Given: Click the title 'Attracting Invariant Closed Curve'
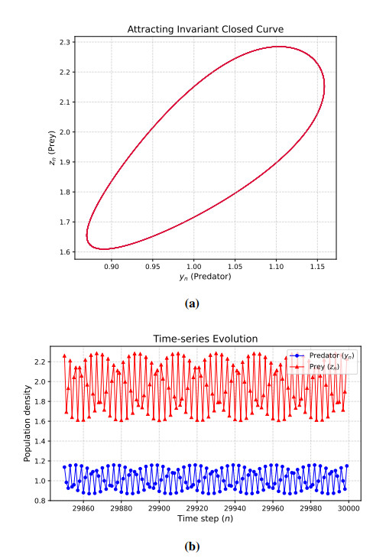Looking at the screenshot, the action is (x=206, y=29).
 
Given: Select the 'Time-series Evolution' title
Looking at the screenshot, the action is (x=206, y=339).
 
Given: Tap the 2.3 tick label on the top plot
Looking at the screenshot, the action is (x=66, y=42).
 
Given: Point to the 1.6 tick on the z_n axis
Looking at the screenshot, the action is (x=66, y=252).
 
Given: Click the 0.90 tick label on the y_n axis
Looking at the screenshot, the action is (x=112, y=266).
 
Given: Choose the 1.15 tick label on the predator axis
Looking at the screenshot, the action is (x=317, y=266).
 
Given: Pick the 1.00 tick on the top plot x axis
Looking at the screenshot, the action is (x=194, y=266).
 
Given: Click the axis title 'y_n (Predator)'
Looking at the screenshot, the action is (x=206, y=277).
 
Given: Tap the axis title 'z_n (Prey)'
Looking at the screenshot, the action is (x=52, y=148).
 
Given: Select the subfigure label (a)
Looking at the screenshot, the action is (x=192, y=303).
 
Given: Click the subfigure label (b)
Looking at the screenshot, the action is (x=192, y=547).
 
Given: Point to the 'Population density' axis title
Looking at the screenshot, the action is (x=27, y=423).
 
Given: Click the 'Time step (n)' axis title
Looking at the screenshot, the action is (x=206, y=518).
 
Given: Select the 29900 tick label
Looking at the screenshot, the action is (x=159, y=508).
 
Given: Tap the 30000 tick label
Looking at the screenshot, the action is (x=349, y=508).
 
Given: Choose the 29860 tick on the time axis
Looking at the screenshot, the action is (x=83, y=508).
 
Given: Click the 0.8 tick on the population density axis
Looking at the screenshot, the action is (x=41, y=501).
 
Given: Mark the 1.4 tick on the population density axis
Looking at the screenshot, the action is (x=41, y=441).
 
